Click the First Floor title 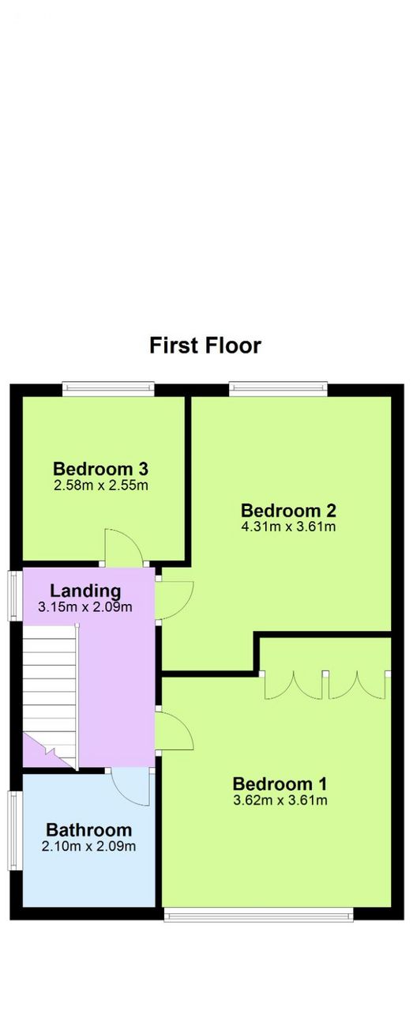205,346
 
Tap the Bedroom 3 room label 100,469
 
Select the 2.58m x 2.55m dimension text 100,485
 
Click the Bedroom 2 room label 288,510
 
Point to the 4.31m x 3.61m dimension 288,527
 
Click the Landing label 85,591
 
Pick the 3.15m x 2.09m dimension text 85,606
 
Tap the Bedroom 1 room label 280,784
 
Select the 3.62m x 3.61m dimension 280,800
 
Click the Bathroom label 89,830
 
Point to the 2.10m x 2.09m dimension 89,846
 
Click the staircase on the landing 51,697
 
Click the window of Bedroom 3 108,390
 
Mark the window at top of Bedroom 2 278,390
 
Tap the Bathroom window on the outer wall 16,830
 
